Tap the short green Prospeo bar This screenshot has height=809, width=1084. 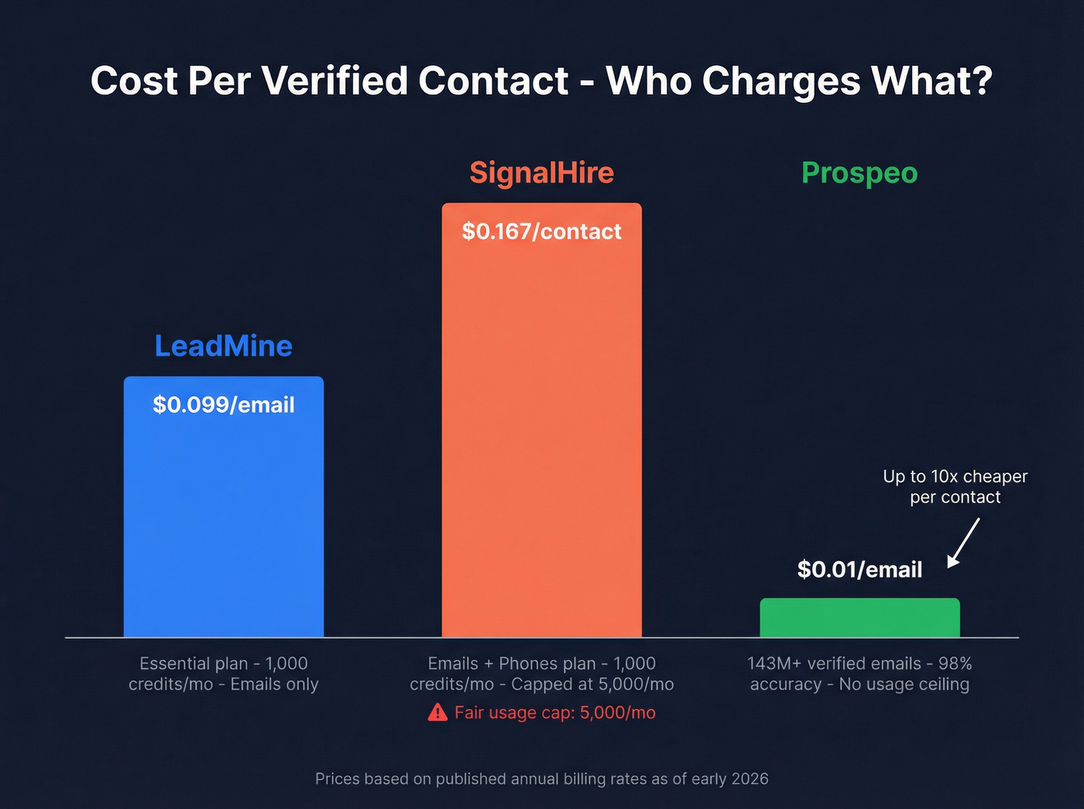click(859, 618)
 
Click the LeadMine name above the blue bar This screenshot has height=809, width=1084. click(224, 346)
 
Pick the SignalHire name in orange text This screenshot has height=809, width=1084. click(541, 173)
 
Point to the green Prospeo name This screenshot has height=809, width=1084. click(859, 173)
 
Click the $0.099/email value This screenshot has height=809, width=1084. click(224, 405)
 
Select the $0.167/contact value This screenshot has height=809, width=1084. click(541, 231)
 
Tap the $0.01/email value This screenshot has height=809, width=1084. click(859, 570)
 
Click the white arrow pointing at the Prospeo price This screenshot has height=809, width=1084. click(964, 543)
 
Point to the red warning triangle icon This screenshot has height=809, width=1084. click(437, 712)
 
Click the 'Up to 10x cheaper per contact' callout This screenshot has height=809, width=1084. click(955, 487)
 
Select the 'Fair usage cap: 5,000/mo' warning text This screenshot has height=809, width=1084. click(554, 712)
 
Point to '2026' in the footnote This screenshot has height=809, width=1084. click(750, 779)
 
